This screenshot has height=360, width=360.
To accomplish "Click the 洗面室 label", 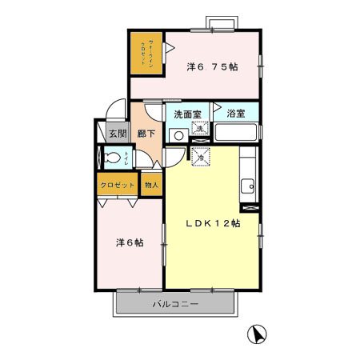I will click(186, 114).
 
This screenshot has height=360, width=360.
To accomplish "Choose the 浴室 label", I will click(235, 114).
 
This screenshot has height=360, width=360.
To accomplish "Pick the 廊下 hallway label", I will click(146, 134).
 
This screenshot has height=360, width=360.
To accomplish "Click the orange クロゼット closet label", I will click(117, 185).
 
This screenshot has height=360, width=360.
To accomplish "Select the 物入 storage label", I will click(151, 185).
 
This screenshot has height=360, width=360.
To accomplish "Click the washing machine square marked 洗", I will click(199, 129).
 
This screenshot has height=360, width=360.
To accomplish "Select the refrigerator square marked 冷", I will click(200, 156).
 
